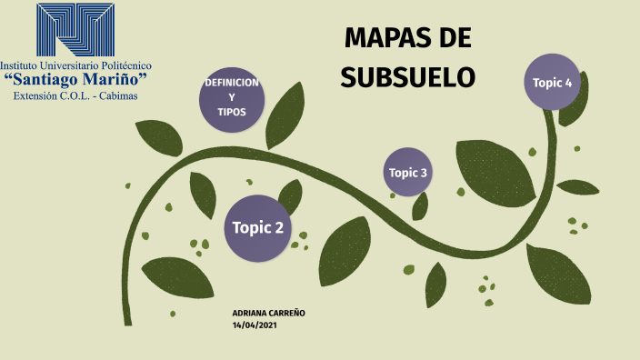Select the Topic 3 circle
point(407,172)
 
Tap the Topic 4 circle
point(553,83)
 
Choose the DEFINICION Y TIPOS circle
point(232,97)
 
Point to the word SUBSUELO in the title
point(408,77)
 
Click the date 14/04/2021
point(255,325)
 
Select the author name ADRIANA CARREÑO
point(269,313)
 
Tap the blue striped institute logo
point(75,30)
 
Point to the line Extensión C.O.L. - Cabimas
point(76,95)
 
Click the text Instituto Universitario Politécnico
point(76,65)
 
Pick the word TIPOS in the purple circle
point(232,112)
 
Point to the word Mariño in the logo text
point(114,80)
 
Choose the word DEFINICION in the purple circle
point(232,83)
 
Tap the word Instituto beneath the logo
point(22,65)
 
